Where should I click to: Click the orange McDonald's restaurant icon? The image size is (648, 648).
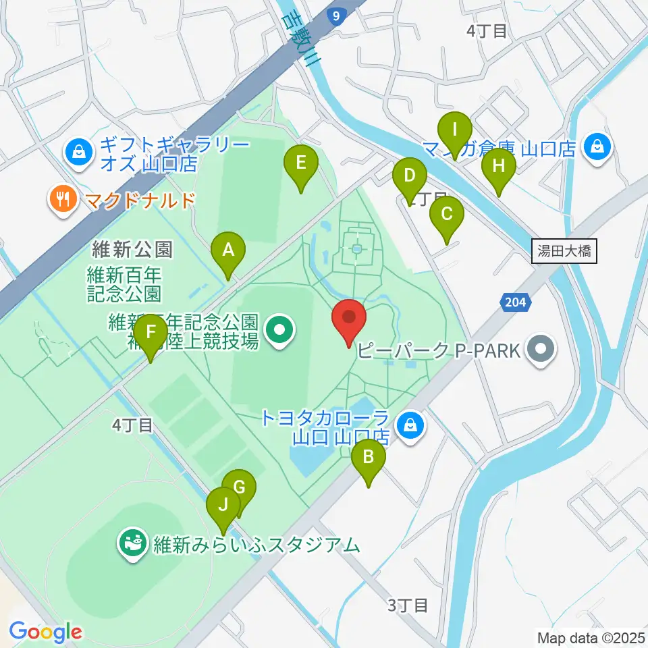coord(63,199)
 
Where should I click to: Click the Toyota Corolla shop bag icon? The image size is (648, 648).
coord(408,426)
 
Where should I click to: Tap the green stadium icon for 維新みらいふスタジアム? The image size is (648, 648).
coord(133,543)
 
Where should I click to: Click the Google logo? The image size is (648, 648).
coord(46,632)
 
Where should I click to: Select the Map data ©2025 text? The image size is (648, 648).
coord(589,637)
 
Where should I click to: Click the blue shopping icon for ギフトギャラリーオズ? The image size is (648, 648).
coord(79,152)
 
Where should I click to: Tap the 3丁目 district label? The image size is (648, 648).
coord(408,605)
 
